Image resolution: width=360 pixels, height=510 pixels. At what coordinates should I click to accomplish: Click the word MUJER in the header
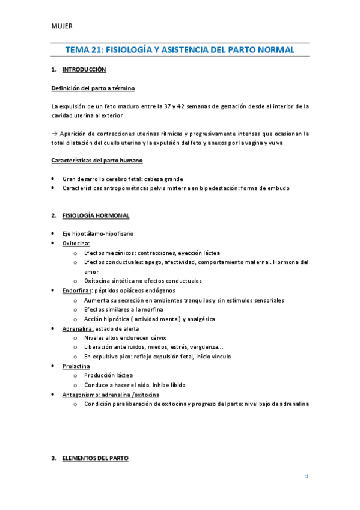[61, 26]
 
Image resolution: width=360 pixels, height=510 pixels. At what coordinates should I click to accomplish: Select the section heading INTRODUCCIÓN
[84, 70]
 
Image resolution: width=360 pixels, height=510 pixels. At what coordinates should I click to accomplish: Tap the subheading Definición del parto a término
[93, 88]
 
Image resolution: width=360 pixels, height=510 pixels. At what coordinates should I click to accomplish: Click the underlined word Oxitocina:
[76, 244]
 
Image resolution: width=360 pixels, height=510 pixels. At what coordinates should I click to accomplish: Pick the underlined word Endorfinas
[75, 290]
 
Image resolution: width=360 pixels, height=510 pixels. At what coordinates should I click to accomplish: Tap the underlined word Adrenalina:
[77, 328]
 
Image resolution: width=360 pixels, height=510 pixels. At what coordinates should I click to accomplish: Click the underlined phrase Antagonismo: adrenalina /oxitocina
[111, 394]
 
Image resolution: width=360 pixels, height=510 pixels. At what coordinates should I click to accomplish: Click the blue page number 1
[306, 476]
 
